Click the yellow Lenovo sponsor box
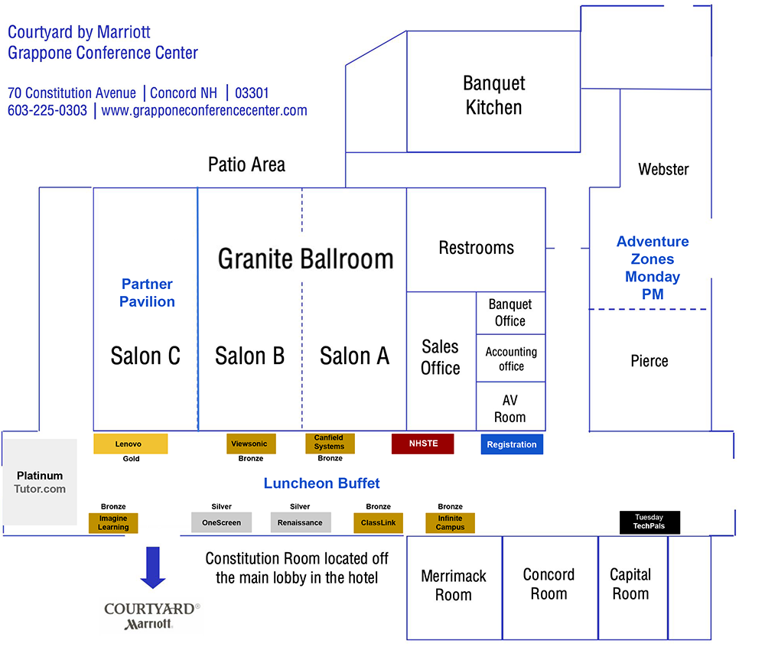pos(130,444)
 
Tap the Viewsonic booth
pos(251,444)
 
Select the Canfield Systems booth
pos(329,443)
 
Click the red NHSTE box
pos(422,444)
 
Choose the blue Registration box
pos(512,444)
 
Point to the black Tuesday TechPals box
pos(649,522)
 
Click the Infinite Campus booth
pos(450,522)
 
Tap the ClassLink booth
pos(378,522)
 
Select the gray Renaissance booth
pos(300,522)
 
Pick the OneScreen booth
pos(221,522)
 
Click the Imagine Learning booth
pos(113,522)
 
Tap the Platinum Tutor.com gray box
pos(40,482)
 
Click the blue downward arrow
pos(153,567)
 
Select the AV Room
pos(510,408)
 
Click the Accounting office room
pos(511,359)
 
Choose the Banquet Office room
pos(510,313)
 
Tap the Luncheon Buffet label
pos(321,483)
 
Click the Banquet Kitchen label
pos(493,95)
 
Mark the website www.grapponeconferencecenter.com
pos(204,110)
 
